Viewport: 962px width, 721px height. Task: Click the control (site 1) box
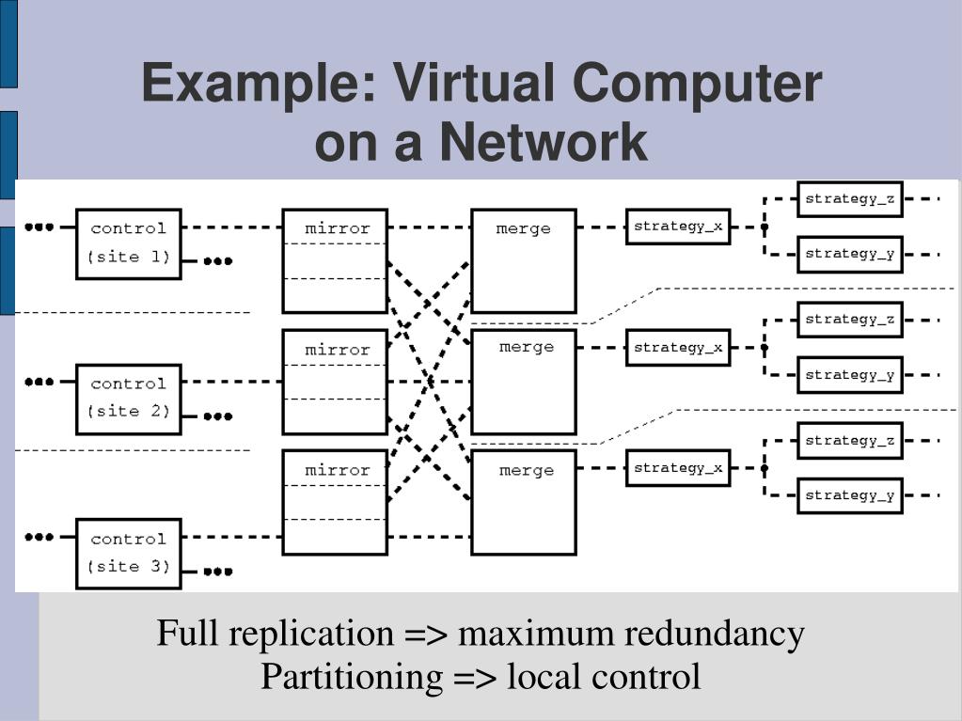coord(129,243)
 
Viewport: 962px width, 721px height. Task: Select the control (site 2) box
coord(129,399)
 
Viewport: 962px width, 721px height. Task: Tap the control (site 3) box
coord(129,554)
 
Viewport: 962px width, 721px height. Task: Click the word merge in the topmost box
coord(524,228)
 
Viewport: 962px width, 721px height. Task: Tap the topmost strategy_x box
coord(678,227)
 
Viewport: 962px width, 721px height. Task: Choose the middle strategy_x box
coord(678,348)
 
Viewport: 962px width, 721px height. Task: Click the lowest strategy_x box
coord(678,468)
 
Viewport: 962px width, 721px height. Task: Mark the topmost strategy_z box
coord(850,198)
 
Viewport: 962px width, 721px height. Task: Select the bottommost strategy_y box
coord(850,495)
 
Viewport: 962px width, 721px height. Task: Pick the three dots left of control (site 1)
coord(39,227)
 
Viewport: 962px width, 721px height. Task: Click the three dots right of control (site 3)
coord(218,571)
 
